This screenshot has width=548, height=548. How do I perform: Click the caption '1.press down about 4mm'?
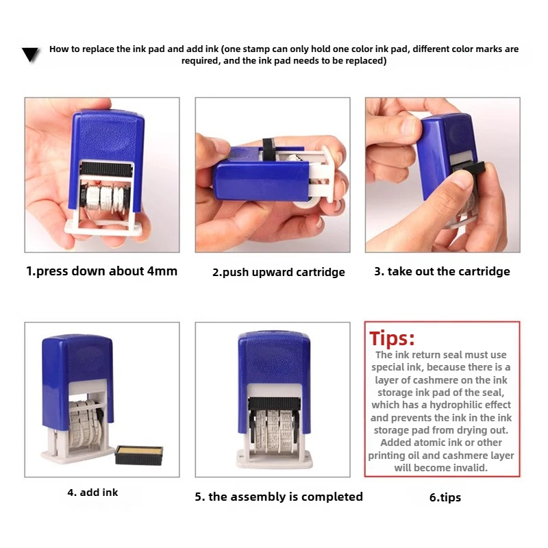tap(102, 271)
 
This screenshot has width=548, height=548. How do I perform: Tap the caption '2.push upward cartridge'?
tap(278, 272)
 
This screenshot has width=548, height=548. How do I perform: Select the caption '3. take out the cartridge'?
tap(442, 271)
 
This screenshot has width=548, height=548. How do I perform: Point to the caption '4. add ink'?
tap(92, 492)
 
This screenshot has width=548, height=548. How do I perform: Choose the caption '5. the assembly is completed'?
tap(279, 497)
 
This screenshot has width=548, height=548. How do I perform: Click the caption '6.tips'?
tap(445, 497)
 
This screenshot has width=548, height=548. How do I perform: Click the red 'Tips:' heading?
tap(393, 338)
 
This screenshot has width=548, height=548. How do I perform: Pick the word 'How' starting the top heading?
tap(59, 49)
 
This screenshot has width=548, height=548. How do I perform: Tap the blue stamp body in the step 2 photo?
tap(253, 182)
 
